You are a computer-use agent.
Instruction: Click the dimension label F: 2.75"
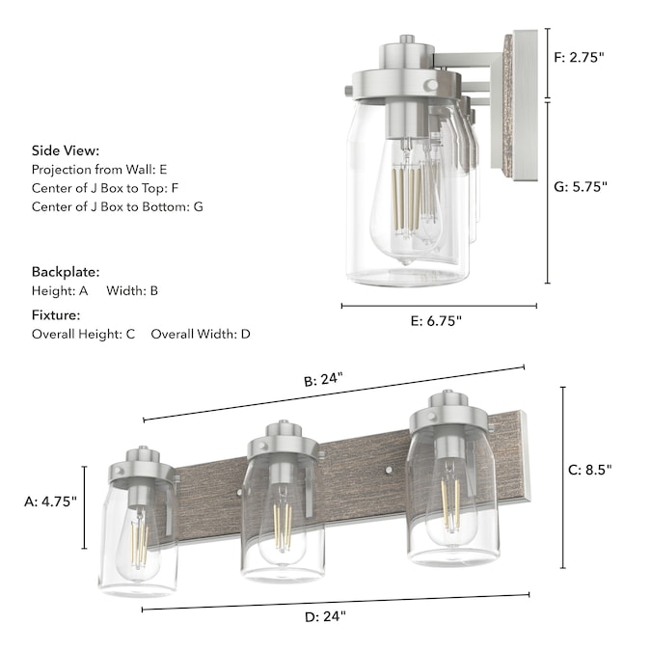pos(580,57)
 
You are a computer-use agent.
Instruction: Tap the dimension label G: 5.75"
pos(581,187)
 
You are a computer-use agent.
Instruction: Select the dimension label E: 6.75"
pos(436,321)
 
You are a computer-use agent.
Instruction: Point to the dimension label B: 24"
pos(323,379)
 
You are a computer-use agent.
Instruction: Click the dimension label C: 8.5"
pos(590,470)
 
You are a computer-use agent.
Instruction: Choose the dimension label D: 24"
pos(325,616)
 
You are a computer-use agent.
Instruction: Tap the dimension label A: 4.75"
pos(51,502)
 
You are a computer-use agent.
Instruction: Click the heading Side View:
pos(66,150)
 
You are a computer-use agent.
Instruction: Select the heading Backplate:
pos(66,272)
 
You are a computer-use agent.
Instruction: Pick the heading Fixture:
pos(56,315)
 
